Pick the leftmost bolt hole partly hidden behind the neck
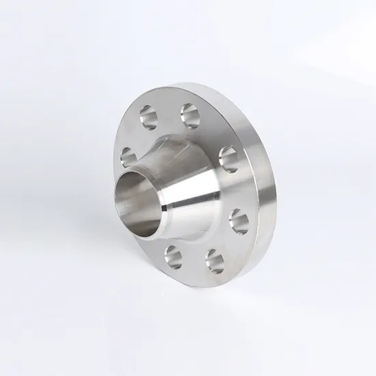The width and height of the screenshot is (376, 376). click(129, 157)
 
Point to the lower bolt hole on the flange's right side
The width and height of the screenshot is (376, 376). click(239, 220)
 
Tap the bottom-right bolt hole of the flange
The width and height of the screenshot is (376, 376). click(214, 258)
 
